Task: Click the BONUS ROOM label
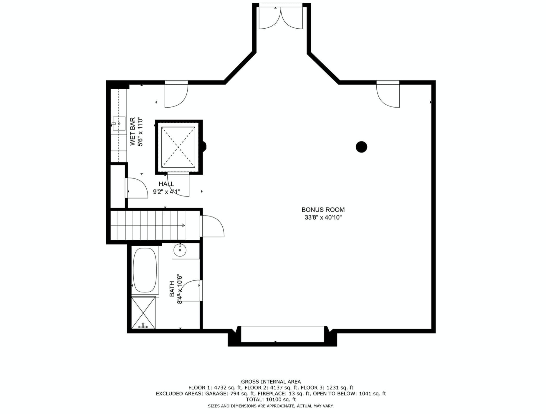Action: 323,210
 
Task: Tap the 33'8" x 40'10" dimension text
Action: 323,218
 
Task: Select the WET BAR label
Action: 133,132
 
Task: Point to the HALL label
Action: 166,184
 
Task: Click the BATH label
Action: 172,289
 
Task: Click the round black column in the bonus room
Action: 361,147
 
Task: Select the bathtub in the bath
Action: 145,270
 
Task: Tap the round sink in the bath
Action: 180,250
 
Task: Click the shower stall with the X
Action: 143,313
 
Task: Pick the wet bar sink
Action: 119,124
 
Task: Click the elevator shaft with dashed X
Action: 178,147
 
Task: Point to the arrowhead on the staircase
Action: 183,226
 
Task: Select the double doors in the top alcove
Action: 281,18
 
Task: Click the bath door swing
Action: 190,291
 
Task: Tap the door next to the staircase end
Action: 212,226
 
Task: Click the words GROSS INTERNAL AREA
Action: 271,382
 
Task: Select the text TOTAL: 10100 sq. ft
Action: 271,400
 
